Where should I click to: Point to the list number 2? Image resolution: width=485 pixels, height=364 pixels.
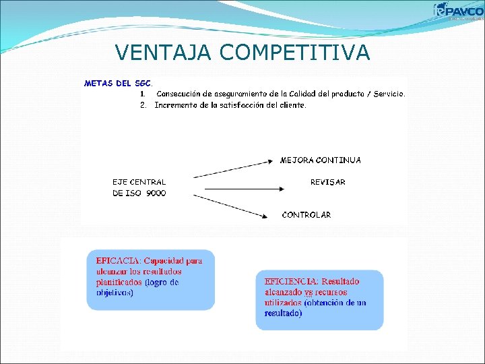[143, 105]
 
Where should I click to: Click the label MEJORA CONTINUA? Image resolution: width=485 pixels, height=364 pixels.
[320, 160]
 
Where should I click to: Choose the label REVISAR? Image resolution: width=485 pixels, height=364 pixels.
[327, 182]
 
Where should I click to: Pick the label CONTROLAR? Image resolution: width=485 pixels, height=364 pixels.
[306, 215]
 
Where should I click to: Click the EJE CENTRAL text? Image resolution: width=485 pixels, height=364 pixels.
[139, 182]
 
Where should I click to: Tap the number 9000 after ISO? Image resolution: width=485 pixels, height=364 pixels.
[156, 193]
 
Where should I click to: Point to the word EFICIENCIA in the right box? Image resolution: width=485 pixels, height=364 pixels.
[291, 281]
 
